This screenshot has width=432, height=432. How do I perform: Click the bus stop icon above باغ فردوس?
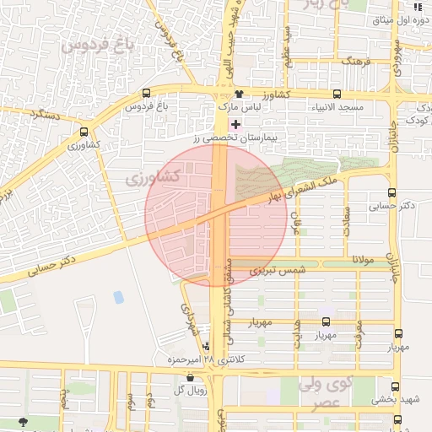148,94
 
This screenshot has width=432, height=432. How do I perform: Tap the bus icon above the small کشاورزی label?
84,132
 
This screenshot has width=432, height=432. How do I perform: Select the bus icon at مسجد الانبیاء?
337,94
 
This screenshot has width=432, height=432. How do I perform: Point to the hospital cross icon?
235,123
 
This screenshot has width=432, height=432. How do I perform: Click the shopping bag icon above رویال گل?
189,377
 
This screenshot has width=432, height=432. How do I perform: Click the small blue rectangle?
118,297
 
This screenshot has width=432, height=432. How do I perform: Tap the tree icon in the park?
22,421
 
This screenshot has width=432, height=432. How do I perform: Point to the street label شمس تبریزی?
270,270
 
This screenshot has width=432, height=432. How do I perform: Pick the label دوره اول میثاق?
397,19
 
